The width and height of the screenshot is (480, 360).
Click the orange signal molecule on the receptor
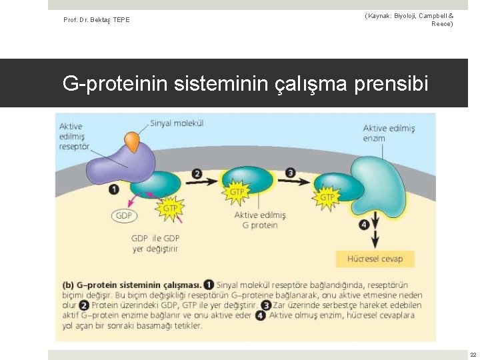[x=133, y=141]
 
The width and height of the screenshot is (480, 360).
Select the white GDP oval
[x=124, y=215]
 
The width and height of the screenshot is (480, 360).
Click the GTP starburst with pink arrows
[x=171, y=207]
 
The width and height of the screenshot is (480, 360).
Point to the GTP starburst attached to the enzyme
[x=327, y=197]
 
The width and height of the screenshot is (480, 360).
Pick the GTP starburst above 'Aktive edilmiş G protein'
[x=237, y=192]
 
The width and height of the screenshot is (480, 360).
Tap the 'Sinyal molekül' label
[x=177, y=123]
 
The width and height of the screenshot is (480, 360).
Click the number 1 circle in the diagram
[x=114, y=189]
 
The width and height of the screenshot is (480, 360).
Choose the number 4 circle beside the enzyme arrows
[x=363, y=225]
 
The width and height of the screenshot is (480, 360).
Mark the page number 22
[x=473, y=355]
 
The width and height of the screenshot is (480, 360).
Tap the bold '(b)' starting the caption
[x=67, y=284]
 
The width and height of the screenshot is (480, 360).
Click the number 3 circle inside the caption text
[x=266, y=305]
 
